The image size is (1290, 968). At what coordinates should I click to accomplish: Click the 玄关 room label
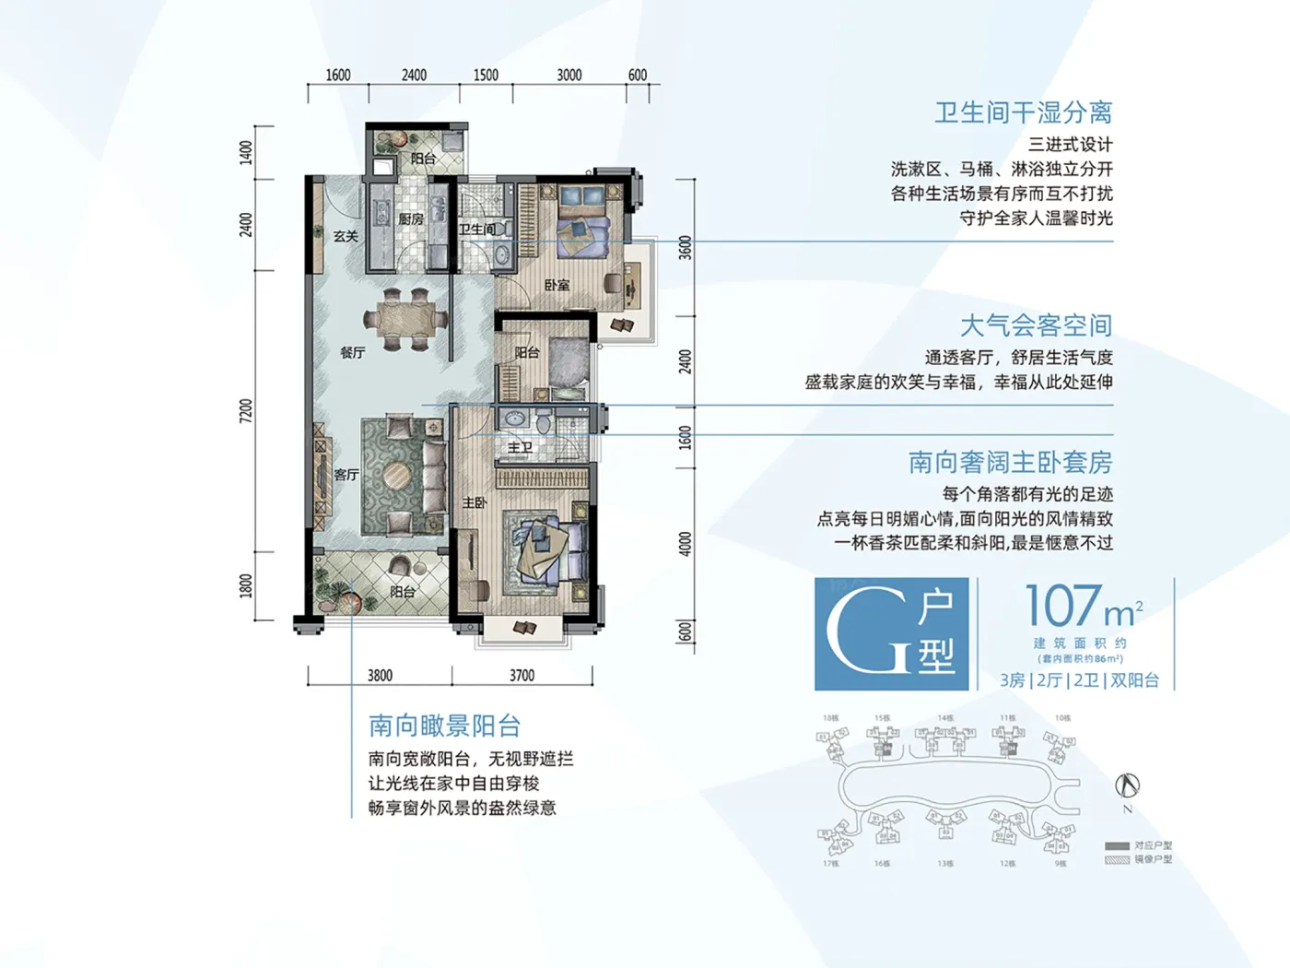tap(346, 236)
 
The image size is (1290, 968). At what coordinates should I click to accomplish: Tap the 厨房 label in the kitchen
tap(411, 219)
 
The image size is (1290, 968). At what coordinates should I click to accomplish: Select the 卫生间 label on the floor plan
tap(476, 229)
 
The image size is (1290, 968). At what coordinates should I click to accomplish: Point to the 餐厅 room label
tap(353, 352)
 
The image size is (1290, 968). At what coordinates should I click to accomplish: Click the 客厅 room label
tap(346, 475)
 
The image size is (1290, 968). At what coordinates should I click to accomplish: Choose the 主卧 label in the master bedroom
tap(474, 502)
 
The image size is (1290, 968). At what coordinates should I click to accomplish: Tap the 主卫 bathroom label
tap(520, 447)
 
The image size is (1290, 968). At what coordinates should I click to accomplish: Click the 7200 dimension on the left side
tap(246, 410)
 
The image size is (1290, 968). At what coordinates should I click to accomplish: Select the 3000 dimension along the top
tap(569, 75)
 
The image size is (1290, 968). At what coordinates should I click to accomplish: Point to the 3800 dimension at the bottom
tap(380, 676)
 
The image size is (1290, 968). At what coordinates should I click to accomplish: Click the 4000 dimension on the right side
tap(685, 544)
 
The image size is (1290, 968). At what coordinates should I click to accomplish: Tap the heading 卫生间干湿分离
tap(1023, 112)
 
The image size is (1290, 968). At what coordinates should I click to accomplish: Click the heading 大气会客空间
tap(1036, 325)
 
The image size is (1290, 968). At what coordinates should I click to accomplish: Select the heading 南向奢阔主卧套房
tap(1010, 462)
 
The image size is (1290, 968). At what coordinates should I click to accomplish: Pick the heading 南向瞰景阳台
tap(444, 726)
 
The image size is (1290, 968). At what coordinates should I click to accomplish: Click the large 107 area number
tap(1063, 606)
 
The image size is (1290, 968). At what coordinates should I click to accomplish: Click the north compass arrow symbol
tap(1128, 785)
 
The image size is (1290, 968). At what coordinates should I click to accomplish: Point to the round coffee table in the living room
tap(398, 476)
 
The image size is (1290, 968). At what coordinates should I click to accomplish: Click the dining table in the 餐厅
tap(405, 320)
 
